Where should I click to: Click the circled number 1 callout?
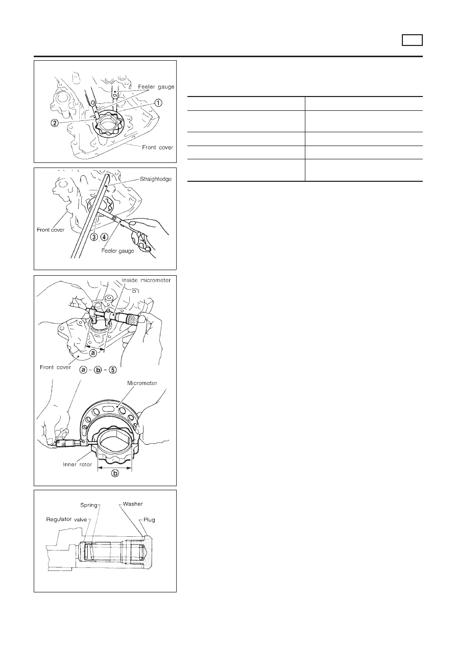click(158, 103)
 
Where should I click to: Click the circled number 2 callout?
click(55, 123)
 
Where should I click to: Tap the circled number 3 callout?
click(94, 237)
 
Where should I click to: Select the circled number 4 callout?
click(104, 237)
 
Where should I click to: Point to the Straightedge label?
click(156, 179)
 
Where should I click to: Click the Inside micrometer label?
click(146, 280)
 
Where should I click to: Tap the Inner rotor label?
click(78, 464)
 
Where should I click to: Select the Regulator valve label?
click(66, 519)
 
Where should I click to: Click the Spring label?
click(89, 506)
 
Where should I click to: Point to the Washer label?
click(133, 504)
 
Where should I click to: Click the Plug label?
click(149, 520)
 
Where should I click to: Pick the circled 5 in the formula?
click(113, 370)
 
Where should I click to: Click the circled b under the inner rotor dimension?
click(115, 473)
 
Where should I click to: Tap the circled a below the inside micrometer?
click(93, 353)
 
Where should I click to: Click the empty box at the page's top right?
click(412, 40)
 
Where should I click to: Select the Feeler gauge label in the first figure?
click(156, 87)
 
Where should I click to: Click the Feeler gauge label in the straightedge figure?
click(117, 251)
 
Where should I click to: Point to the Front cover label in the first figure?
click(157, 148)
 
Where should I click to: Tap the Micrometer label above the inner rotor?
click(142, 383)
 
